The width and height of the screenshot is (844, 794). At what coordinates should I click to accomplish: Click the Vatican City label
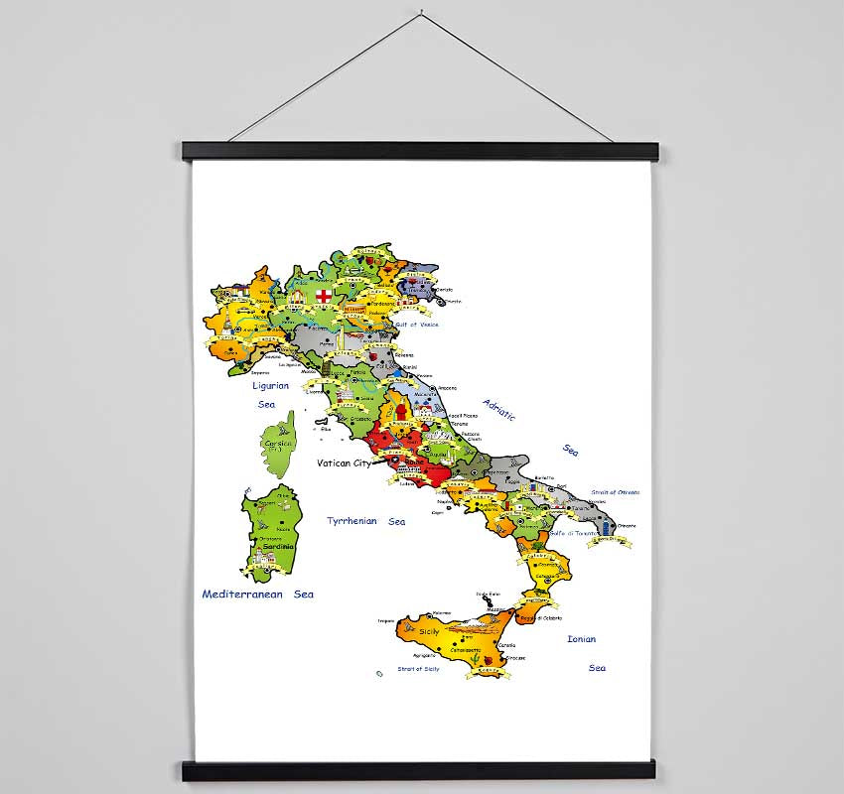pos(344,463)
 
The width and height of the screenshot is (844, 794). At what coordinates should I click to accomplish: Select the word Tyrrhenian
pos(352,521)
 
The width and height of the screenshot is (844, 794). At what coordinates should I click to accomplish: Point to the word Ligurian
pos(270,385)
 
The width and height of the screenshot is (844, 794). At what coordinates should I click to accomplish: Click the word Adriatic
pos(500,409)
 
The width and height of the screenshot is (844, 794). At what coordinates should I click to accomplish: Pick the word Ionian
pos(581,639)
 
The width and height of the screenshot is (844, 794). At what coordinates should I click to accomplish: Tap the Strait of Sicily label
pos(418,670)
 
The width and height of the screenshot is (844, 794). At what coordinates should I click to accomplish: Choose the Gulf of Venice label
pos(417,325)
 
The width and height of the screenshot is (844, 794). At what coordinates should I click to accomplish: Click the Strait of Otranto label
pos(616,492)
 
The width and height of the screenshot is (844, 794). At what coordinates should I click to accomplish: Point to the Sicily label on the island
pos(429,631)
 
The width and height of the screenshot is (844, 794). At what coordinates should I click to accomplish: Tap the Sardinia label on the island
pos(278,547)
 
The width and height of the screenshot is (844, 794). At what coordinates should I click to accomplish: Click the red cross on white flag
pos(324,297)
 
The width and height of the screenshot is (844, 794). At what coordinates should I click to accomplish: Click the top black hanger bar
pos(420,151)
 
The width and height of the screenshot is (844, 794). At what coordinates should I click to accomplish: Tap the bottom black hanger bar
pos(420,771)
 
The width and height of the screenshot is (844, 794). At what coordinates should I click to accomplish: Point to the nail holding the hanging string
pos(422,16)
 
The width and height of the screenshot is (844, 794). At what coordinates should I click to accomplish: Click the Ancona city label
pos(448,388)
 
